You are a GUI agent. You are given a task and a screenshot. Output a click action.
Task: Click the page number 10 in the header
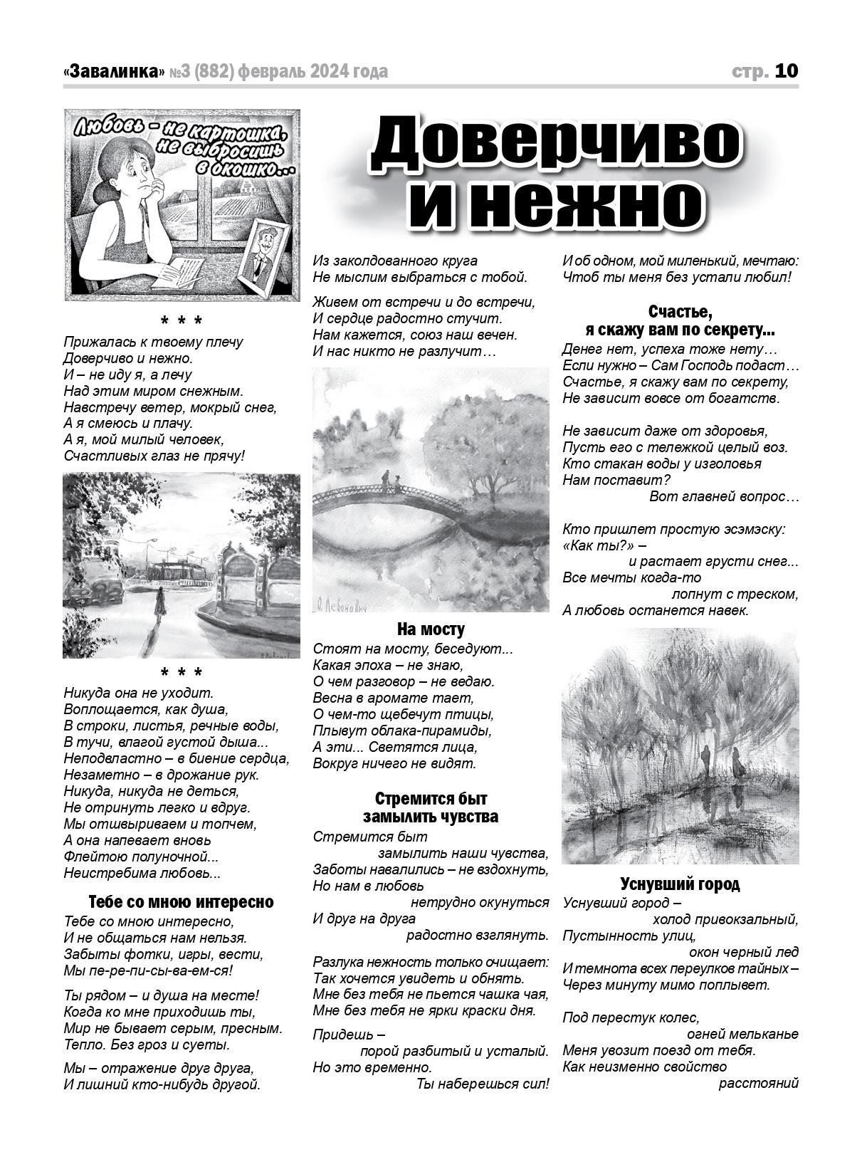[x=787, y=71]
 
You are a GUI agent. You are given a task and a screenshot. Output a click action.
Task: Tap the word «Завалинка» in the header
[x=114, y=72]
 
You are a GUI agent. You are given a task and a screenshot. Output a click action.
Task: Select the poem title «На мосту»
[x=431, y=629]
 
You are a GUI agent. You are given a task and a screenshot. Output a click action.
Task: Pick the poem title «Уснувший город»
[x=680, y=884]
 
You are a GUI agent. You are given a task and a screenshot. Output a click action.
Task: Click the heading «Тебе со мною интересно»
[x=181, y=902]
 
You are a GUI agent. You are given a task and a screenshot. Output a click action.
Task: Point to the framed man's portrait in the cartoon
[x=265, y=253]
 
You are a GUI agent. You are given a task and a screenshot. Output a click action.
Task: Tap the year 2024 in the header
[x=330, y=72]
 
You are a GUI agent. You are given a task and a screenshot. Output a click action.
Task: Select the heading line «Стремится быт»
[x=431, y=798]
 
